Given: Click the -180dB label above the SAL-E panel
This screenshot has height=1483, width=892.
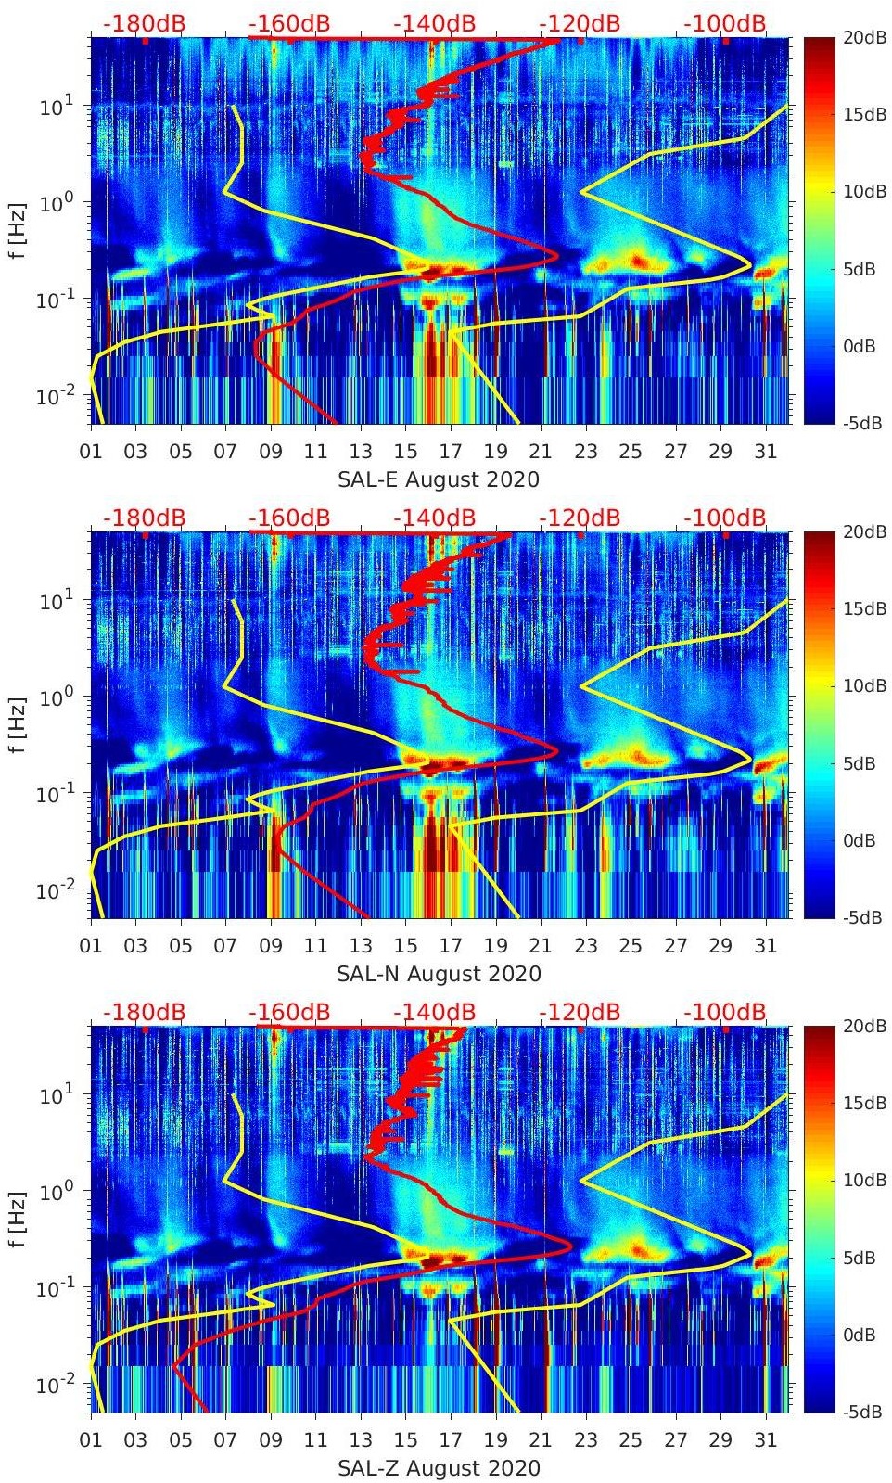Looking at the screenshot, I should [x=144, y=23].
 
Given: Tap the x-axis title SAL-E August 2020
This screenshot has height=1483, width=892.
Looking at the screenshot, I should [x=438, y=479].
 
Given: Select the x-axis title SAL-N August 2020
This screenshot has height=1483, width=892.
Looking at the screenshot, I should [x=439, y=974].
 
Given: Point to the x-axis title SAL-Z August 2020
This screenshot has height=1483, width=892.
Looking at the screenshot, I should [x=438, y=1468].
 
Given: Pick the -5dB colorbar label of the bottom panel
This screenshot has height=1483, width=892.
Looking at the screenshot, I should [x=861, y=1413].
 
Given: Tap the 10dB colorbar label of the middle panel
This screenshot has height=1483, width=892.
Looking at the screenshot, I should [x=863, y=686].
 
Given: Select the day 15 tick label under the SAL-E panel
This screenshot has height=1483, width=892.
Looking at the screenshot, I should [x=405, y=453].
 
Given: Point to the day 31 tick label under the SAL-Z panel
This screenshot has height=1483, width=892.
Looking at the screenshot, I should [x=765, y=1441].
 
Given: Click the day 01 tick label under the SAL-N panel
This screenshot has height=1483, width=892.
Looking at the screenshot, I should [x=91, y=947].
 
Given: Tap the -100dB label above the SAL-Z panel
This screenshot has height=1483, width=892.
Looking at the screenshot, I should [x=725, y=1012].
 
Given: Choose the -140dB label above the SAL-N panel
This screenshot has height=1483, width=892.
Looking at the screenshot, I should [x=434, y=518].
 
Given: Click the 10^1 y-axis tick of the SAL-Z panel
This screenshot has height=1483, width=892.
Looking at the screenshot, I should [x=57, y=1095].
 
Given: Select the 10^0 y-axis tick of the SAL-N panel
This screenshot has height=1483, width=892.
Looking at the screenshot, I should [x=57, y=697].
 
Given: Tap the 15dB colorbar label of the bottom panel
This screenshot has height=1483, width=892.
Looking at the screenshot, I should [x=863, y=1104].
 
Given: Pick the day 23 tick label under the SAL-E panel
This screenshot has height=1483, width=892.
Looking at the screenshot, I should [x=585, y=453].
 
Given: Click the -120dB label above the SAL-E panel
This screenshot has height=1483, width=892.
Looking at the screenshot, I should [x=580, y=23].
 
